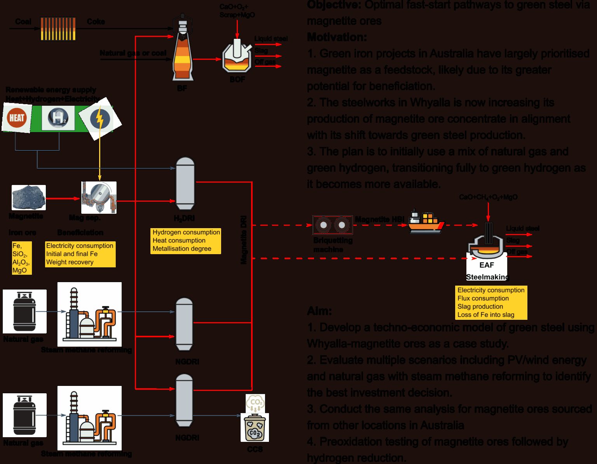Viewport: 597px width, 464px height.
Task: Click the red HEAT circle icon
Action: (17, 118)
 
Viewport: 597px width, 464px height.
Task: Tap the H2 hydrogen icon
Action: (58, 117)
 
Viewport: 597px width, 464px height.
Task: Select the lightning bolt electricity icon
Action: (100, 119)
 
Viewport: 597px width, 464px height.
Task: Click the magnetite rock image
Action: (28, 198)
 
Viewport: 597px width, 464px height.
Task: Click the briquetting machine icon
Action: (332, 225)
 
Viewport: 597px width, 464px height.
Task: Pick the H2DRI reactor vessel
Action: (185, 184)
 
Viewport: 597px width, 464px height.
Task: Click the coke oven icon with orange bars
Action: (58, 28)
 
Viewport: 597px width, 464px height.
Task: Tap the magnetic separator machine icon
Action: (99, 197)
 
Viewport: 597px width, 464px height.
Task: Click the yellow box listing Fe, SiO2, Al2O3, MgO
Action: (21, 258)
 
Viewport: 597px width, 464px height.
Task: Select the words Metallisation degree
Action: (182, 249)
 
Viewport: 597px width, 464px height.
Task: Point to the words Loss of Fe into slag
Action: (485, 315)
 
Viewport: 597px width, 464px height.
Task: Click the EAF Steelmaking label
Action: (487, 271)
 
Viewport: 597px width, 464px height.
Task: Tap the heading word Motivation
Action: (337, 37)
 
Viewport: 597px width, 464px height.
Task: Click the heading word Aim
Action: (319, 311)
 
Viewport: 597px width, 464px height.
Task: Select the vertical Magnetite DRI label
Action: (244, 240)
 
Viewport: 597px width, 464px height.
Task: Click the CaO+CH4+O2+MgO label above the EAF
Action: (488, 197)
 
